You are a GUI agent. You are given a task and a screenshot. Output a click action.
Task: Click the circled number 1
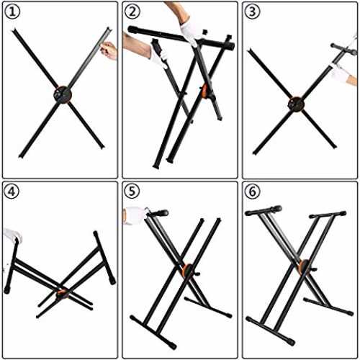tap(13, 12)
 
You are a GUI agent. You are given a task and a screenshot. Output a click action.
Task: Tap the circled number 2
tap(132, 12)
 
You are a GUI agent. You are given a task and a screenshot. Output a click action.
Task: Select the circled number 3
tap(252, 12)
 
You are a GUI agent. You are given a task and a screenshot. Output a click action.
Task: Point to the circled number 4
tap(12, 192)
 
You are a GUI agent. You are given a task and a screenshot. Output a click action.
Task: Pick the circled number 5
tap(132, 192)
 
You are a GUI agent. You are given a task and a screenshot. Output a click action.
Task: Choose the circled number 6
tap(252, 192)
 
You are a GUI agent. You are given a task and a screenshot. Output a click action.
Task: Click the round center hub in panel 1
tap(63, 95)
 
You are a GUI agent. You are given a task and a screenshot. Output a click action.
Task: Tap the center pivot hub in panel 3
tap(296, 104)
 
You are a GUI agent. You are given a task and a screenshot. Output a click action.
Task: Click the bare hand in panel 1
tap(109, 50)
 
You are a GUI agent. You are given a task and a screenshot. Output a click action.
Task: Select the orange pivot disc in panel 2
tap(204, 91)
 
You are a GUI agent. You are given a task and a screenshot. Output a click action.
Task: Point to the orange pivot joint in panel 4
tap(62, 294)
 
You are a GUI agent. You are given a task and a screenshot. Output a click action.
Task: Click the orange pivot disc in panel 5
tap(186, 271)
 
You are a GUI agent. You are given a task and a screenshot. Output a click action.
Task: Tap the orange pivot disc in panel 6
tap(303, 267)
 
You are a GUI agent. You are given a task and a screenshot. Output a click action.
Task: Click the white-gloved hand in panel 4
tap(12, 234)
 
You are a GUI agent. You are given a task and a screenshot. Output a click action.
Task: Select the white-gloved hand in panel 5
tap(135, 215)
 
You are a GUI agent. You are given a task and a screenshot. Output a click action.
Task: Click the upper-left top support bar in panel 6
tap(264, 210)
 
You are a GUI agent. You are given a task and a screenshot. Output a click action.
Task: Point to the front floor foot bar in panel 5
tap(153, 333)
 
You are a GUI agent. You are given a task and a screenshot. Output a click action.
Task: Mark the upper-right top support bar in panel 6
tap(328, 215)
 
